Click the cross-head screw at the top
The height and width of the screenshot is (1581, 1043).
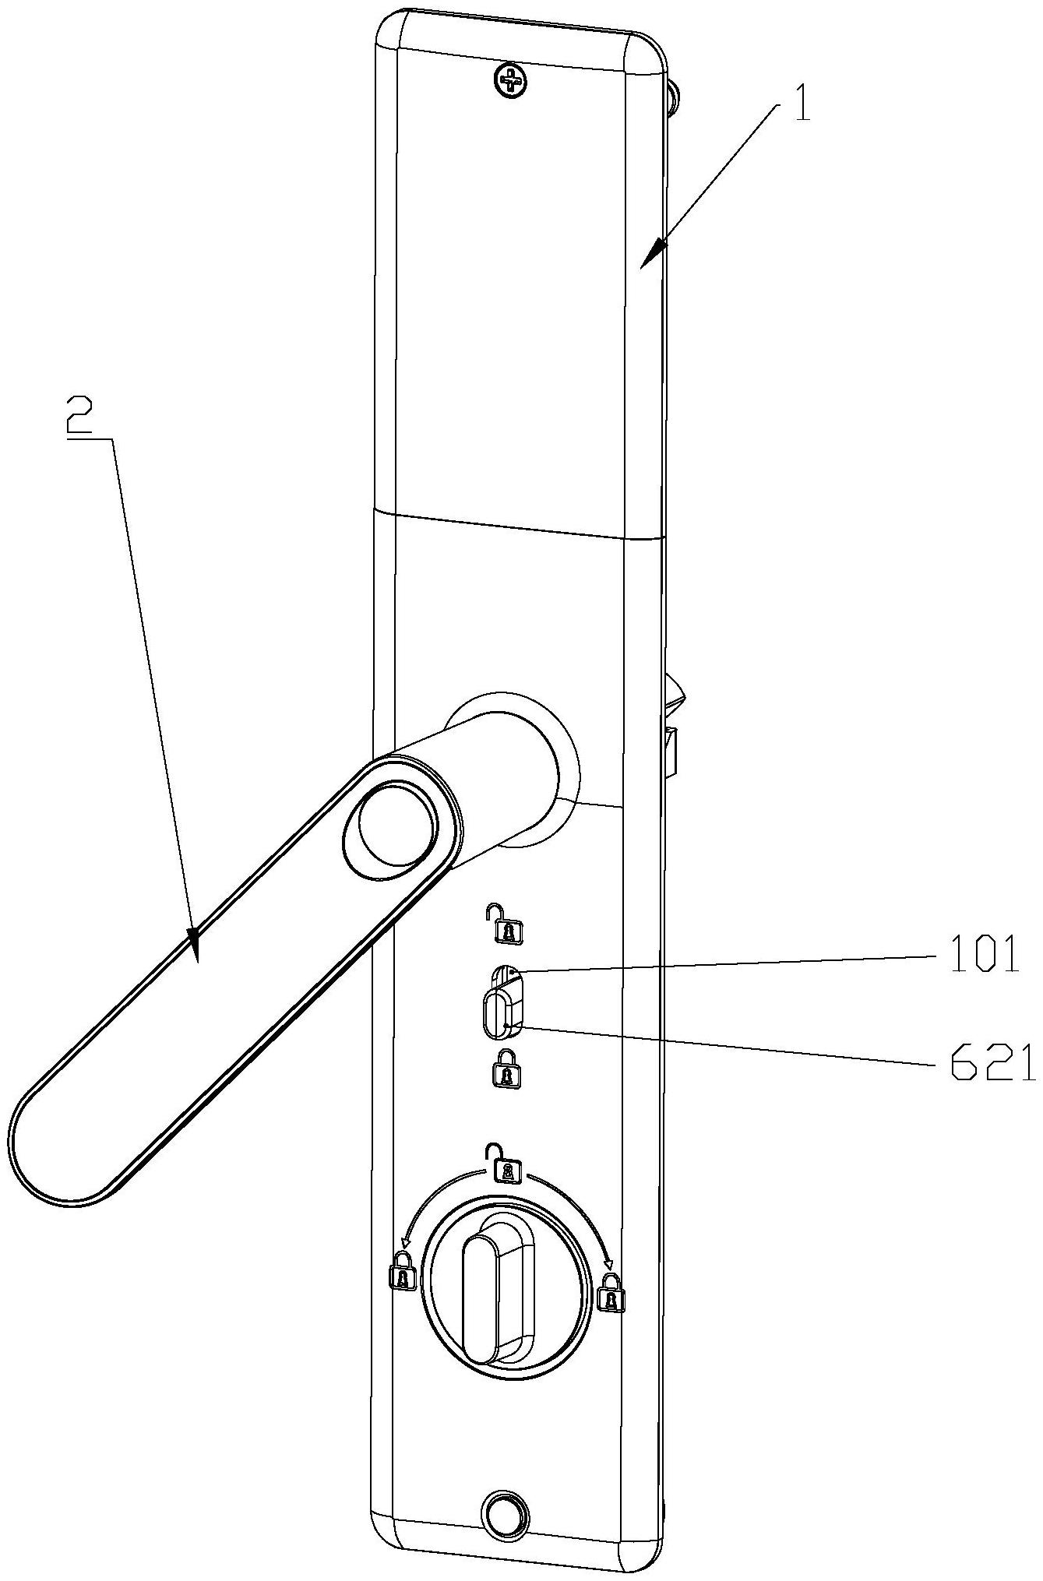pos(511,80)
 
